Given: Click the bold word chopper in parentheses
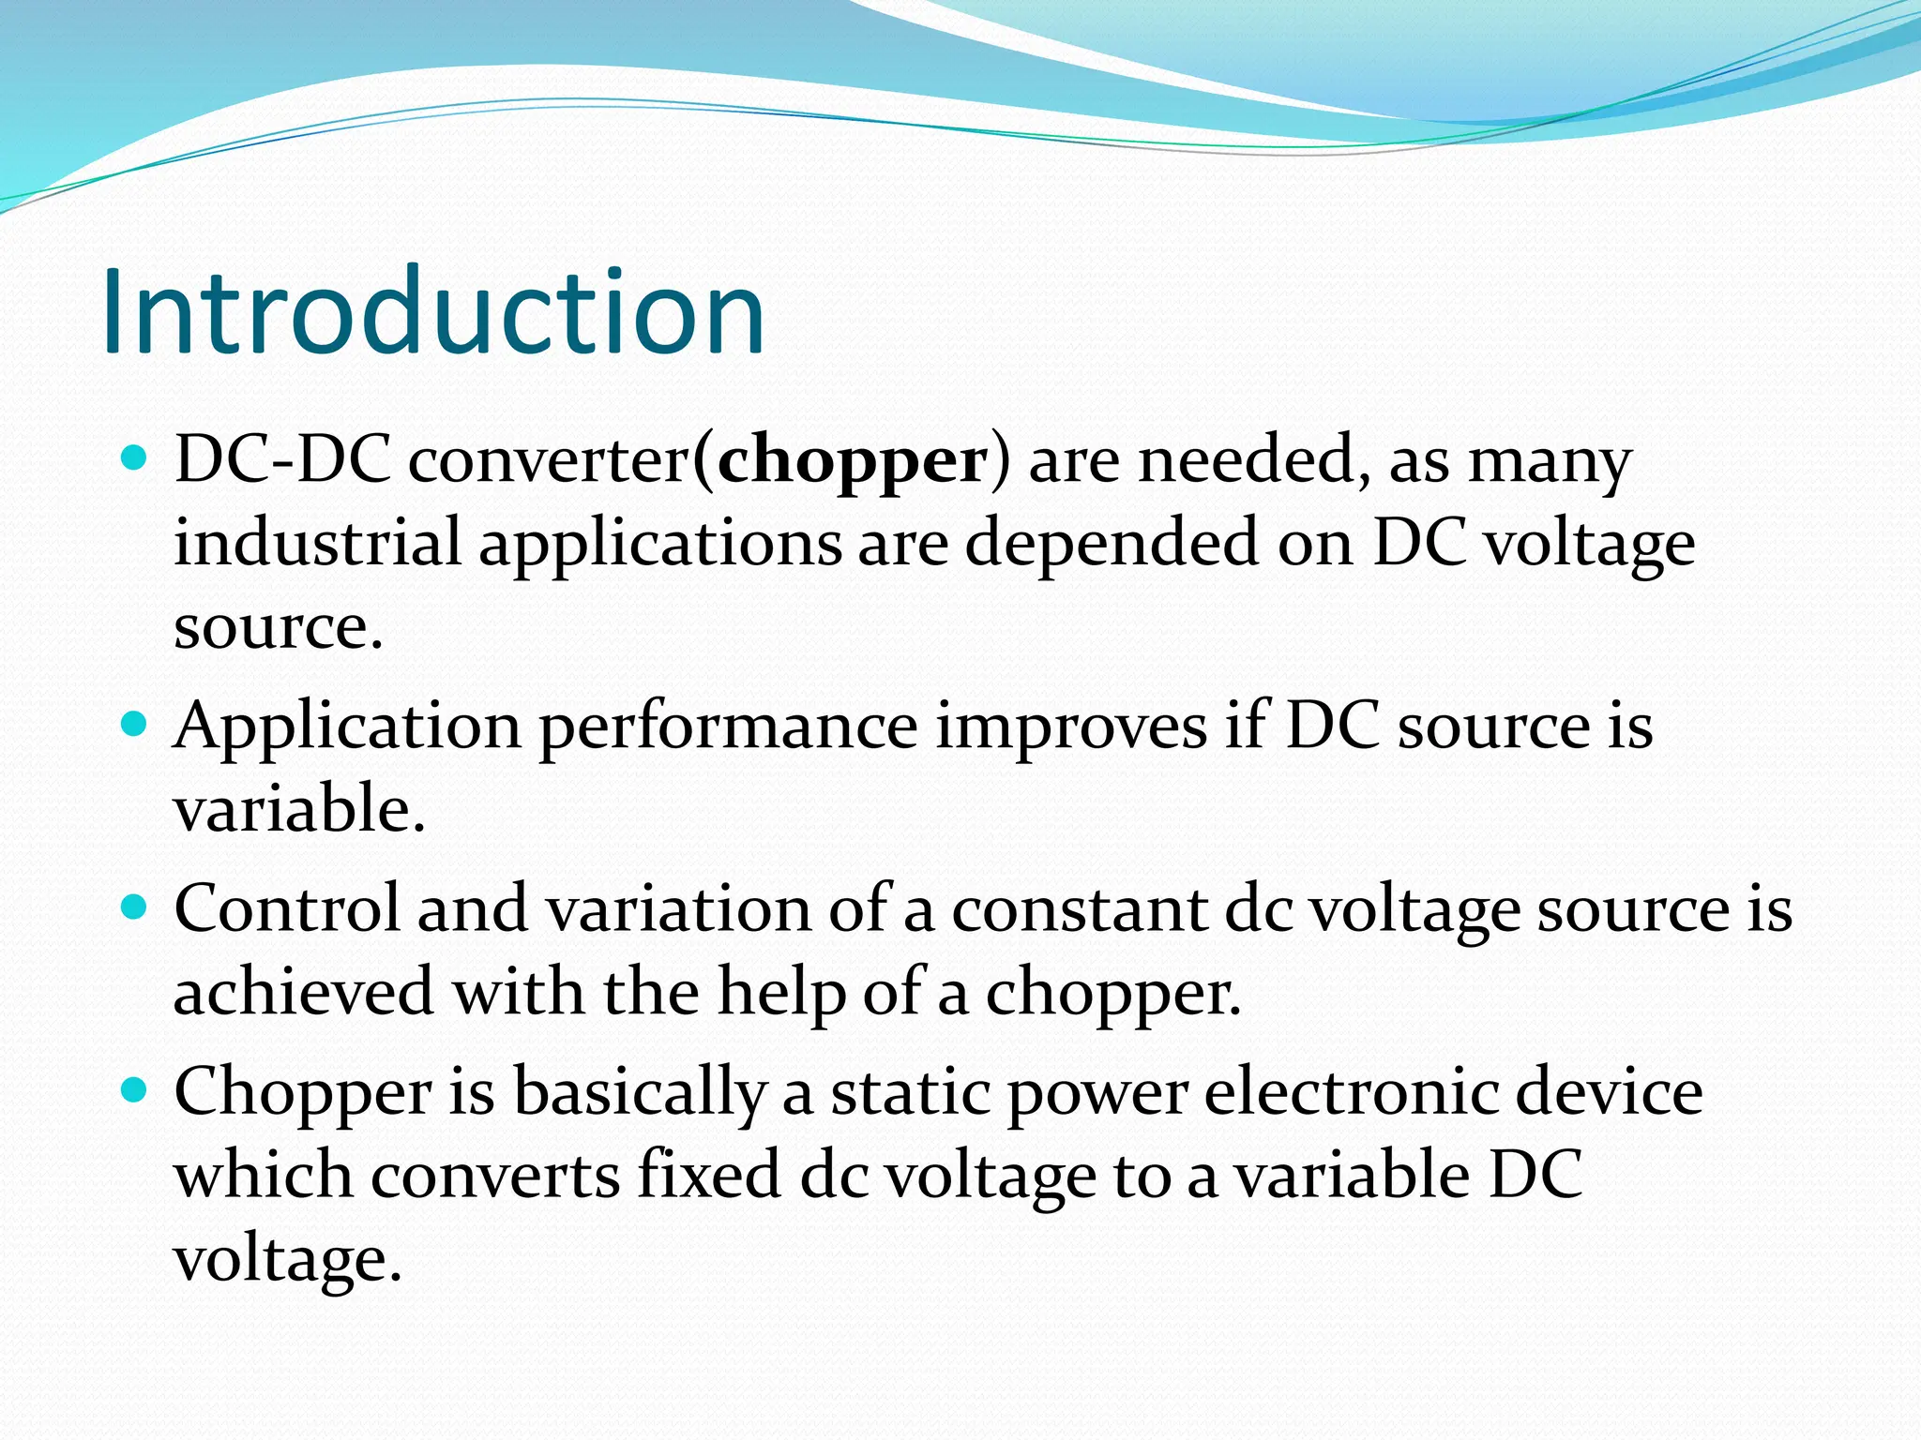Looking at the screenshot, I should click(852, 461).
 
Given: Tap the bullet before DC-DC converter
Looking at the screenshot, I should click(135, 458).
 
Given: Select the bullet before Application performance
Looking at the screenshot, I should click(135, 725).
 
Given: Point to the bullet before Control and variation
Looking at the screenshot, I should click(135, 907).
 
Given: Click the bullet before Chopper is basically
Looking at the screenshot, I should click(135, 1090).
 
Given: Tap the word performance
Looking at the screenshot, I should click(728, 727).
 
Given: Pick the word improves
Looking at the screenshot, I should click(1071, 727).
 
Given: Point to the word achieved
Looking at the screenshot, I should click(303, 992).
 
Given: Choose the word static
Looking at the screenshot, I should click(910, 1092).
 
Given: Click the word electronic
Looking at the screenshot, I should click(1352, 1092).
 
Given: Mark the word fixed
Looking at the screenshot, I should click(709, 1175).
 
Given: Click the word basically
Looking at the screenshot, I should click(641, 1092).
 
